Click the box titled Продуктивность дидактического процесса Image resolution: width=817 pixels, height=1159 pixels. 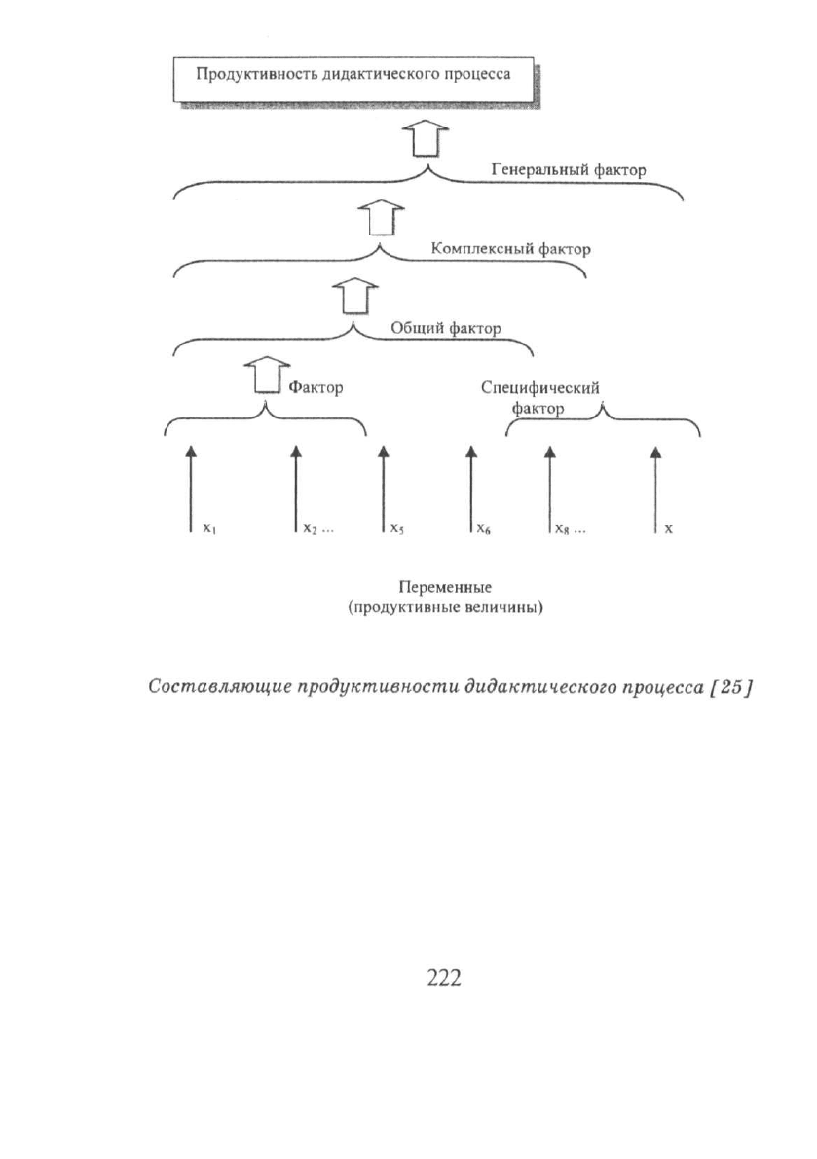coord(353,82)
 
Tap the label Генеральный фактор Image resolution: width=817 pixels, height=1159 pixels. coord(569,170)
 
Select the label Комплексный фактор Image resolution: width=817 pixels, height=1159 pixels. coord(511,249)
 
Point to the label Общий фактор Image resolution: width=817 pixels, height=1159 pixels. coord(445,327)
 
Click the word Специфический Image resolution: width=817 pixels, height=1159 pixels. coord(540,388)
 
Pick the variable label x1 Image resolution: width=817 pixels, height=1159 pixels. coord(209,529)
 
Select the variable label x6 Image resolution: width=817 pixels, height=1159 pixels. coord(484,529)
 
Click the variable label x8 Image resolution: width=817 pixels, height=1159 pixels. coord(561,529)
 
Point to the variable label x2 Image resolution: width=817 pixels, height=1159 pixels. coord(311,529)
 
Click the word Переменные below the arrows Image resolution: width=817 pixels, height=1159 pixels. coord(445,587)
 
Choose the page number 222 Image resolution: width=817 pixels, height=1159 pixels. coord(444,978)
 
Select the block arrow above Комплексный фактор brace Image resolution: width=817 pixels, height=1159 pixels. coord(382,217)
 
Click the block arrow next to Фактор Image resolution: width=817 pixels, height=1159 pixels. coord(267,376)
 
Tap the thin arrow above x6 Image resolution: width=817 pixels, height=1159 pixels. coord(471,488)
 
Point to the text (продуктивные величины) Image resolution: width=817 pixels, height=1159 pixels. coord(446,608)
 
